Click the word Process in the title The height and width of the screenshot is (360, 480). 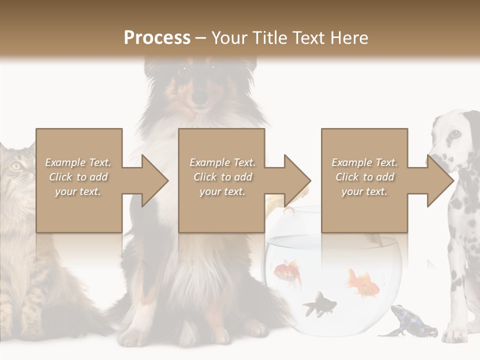pyautogui.click(x=157, y=37)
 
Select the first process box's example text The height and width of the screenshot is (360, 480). pyautogui.click(x=78, y=177)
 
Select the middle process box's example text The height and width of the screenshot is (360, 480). pyautogui.click(x=222, y=177)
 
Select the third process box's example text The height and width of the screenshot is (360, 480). pyautogui.click(x=364, y=177)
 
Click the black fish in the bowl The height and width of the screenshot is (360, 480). pyautogui.click(x=318, y=303)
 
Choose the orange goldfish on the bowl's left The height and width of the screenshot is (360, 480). pyautogui.click(x=289, y=271)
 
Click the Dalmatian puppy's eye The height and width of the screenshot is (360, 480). pyautogui.click(x=455, y=133)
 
